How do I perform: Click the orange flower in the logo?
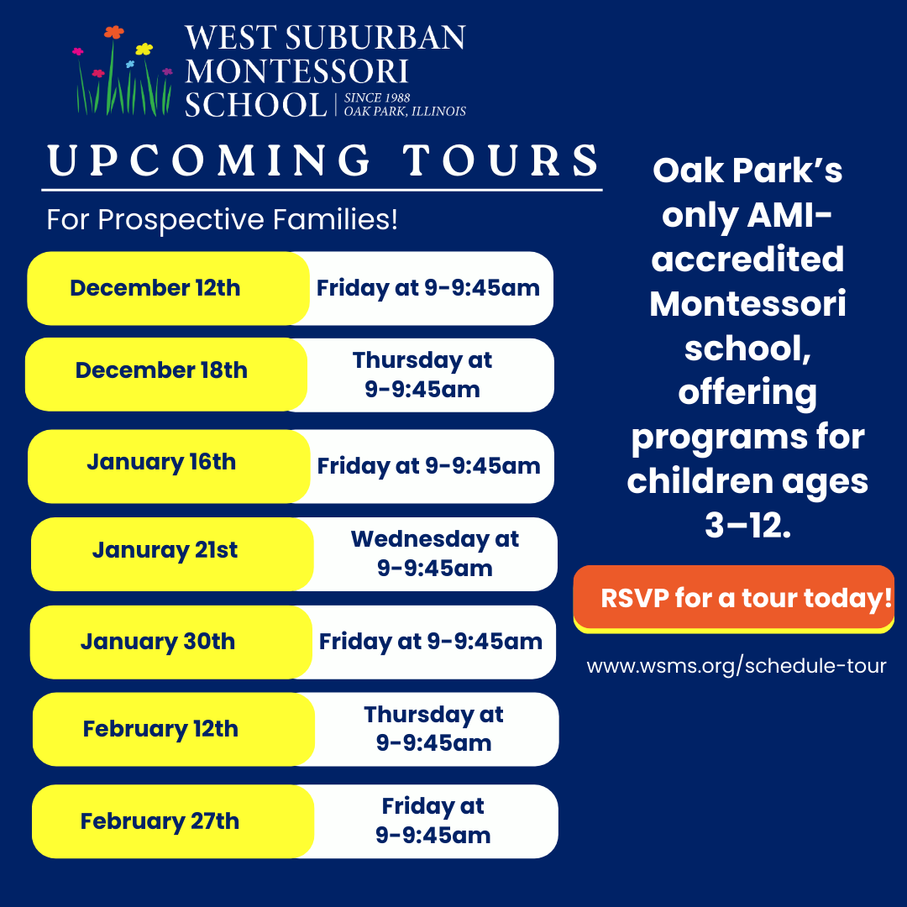113,33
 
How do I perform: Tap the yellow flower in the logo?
144,49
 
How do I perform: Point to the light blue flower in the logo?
130,64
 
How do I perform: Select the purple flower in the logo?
167,72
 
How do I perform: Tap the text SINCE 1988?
376,98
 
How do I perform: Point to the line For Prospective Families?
222,220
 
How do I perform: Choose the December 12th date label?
155,288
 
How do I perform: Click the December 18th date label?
161,370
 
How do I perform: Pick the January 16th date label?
161,462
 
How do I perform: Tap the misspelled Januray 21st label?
165,550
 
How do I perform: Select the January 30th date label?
158,642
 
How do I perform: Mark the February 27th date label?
160,820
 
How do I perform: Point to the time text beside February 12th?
433,729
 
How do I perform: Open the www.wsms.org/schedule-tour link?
736,667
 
